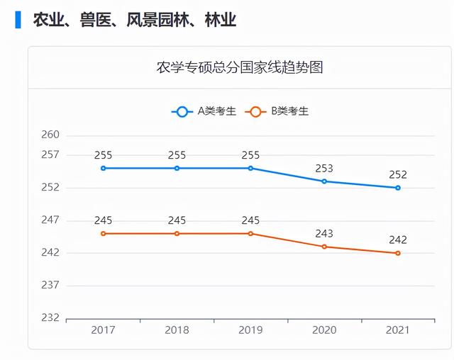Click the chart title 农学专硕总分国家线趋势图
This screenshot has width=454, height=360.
pyautogui.click(x=240, y=68)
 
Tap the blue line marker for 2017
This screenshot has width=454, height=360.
pyautogui.click(x=103, y=168)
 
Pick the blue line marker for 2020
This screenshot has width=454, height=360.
pyautogui.click(x=324, y=181)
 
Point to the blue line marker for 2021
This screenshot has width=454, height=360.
pyautogui.click(x=398, y=188)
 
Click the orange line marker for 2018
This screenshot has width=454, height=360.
pyautogui.click(x=177, y=233)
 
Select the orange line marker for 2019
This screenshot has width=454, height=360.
pyautogui.click(x=250, y=233)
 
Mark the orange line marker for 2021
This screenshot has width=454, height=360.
pyautogui.click(x=398, y=253)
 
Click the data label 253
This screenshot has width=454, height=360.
pyautogui.click(x=324, y=169)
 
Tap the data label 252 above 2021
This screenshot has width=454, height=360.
pyautogui.click(x=398, y=175)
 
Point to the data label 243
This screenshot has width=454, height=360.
pyautogui.click(x=324, y=234)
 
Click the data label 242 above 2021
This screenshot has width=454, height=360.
pyautogui.click(x=398, y=240)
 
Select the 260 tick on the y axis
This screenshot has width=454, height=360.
pyautogui.click(x=50, y=135)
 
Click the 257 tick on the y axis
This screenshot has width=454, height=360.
pyautogui.click(x=50, y=154)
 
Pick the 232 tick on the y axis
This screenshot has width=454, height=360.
pyautogui.click(x=50, y=317)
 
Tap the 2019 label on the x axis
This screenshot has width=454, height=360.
pyautogui.click(x=250, y=330)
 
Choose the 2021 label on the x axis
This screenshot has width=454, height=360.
pyautogui.click(x=398, y=330)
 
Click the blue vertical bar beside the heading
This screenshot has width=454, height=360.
pyautogui.click(x=18, y=20)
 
